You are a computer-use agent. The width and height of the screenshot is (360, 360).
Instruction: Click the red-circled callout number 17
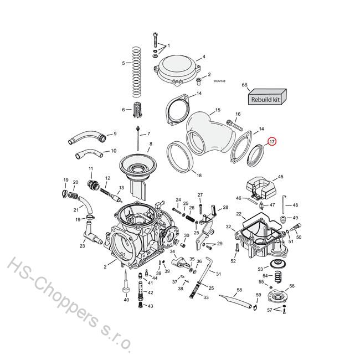click(272, 142)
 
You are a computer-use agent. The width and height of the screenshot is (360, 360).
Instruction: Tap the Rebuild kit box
click(268, 97)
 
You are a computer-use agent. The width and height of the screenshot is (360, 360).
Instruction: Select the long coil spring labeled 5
click(136, 72)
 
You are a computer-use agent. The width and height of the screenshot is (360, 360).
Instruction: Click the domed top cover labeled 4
click(177, 70)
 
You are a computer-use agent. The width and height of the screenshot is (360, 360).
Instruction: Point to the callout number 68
click(244, 85)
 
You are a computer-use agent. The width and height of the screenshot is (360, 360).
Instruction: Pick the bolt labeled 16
click(234, 125)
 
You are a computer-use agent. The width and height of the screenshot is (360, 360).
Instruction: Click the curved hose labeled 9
click(88, 137)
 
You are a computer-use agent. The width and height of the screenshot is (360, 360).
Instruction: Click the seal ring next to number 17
click(255, 155)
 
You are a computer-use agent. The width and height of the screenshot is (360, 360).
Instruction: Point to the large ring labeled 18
click(179, 157)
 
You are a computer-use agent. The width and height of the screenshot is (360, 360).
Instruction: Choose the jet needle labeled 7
click(138, 138)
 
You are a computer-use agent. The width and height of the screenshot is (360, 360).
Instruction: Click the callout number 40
click(126, 300)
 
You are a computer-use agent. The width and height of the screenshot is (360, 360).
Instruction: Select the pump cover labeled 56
click(277, 297)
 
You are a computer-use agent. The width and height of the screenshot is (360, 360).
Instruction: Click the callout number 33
click(206, 297)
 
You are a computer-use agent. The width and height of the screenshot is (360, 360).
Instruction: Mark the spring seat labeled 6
click(138, 110)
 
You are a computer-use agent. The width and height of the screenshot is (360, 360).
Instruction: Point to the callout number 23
click(82, 246)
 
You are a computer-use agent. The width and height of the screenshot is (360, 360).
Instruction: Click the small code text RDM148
click(220, 81)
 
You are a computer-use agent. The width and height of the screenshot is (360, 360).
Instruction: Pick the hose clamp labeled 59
click(255, 307)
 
